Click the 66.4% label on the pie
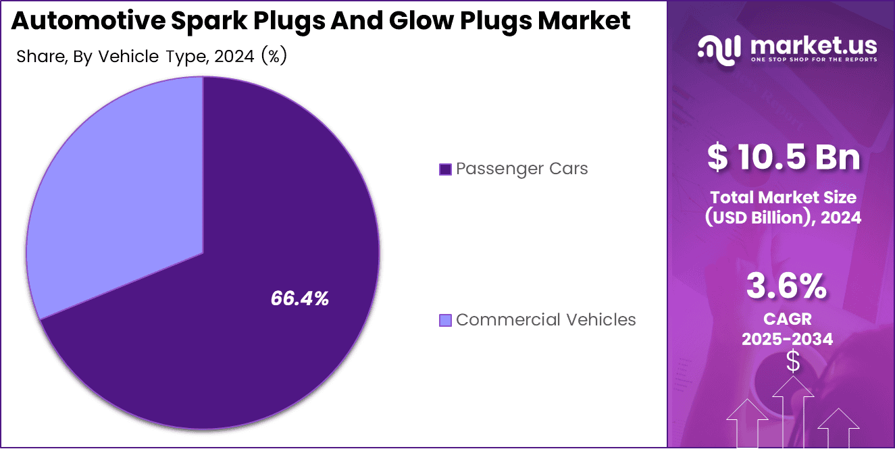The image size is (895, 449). click(x=299, y=299)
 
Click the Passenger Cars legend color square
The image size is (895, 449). click(x=444, y=169)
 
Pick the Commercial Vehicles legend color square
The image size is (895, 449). click(x=444, y=320)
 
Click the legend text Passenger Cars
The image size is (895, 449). click(x=521, y=169)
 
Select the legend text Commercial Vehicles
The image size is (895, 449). click(x=546, y=319)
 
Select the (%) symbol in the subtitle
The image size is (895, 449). click(x=274, y=57)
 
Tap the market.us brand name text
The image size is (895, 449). click(x=813, y=45)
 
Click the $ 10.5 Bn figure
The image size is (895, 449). click(x=784, y=157)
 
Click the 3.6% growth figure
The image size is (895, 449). click(x=786, y=287)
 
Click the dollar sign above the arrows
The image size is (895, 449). click(x=793, y=363)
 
